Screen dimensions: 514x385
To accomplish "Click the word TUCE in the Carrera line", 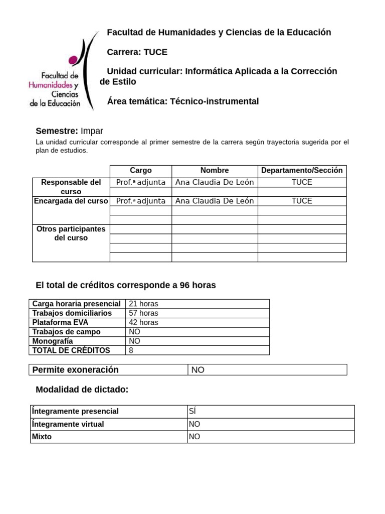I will pyautogui.click(x=155, y=52).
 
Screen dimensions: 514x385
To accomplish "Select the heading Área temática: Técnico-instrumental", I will pyautogui.click(x=183, y=101).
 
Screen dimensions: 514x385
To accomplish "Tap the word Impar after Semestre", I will pyautogui.click(x=92, y=131).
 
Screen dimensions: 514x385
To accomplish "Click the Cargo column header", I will pyautogui.click(x=140, y=171).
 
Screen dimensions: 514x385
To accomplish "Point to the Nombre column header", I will pyautogui.click(x=215, y=171).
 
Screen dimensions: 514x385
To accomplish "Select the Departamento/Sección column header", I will pyautogui.click(x=302, y=171).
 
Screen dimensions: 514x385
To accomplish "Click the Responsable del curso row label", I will pyautogui.click(x=71, y=187).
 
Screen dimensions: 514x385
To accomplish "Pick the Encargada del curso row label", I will pyautogui.click(x=71, y=201).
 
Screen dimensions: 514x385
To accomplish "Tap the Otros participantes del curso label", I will pyautogui.click(x=71, y=233).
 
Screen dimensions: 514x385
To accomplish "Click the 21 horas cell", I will pyautogui.click(x=143, y=304).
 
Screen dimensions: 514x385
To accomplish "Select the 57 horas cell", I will pyautogui.click(x=143, y=313).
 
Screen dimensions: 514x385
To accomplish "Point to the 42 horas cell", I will pyautogui.click(x=143, y=322).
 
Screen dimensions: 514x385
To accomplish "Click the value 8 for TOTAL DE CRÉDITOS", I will pyautogui.click(x=131, y=350).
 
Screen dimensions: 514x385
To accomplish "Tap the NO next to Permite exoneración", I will pyautogui.click(x=198, y=370).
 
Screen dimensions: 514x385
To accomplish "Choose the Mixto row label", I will pyautogui.click(x=42, y=437).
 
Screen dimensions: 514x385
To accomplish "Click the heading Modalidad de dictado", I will pyautogui.click(x=82, y=390).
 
